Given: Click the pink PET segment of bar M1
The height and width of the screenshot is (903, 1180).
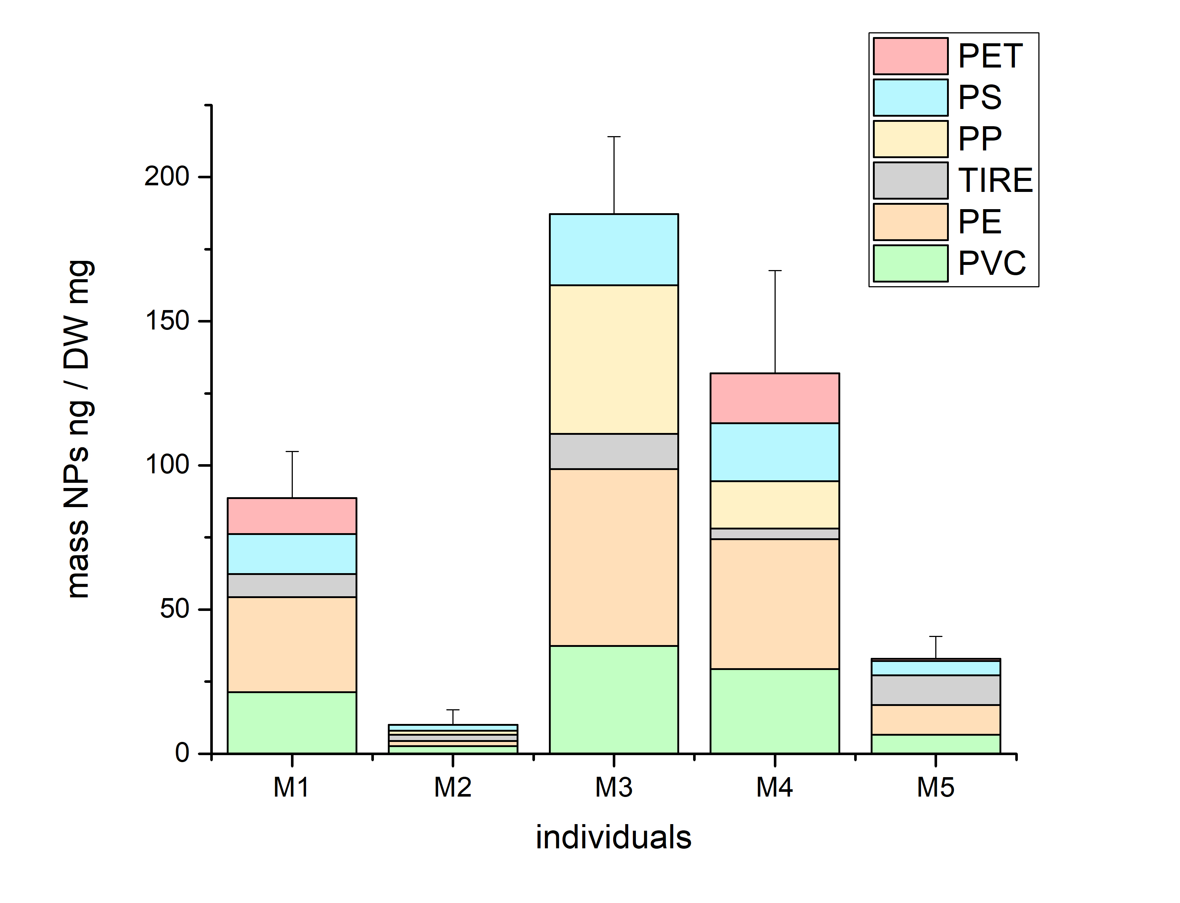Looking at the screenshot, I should click(x=292, y=516).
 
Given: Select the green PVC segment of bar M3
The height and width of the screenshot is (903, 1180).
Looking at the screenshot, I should click(x=613, y=699).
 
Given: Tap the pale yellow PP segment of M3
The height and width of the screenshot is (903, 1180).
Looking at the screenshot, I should click(x=613, y=359).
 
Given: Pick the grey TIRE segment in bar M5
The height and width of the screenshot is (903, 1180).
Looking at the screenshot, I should click(x=936, y=690).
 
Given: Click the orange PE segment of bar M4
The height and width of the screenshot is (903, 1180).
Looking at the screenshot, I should click(x=775, y=604).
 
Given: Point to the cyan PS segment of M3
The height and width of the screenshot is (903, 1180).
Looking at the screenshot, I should click(x=613, y=250).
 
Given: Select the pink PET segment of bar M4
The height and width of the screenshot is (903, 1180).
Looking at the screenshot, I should click(x=775, y=398).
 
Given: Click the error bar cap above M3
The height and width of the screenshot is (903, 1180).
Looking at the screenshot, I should click(x=613, y=137).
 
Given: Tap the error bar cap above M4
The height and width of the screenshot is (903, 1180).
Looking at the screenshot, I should click(x=775, y=271).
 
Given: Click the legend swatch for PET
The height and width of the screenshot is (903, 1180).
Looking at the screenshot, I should click(x=910, y=56).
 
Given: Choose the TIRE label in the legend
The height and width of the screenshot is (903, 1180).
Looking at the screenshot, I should click(x=995, y=180).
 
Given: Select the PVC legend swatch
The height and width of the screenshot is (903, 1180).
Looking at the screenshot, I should click(x=910, y=263).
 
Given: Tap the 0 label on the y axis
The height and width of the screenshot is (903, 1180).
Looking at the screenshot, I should click(x=182, y=753).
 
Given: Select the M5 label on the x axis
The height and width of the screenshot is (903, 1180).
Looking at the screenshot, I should click(x=936, y=787).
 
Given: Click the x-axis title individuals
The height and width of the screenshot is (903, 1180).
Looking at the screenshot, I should click(x=613, y=837).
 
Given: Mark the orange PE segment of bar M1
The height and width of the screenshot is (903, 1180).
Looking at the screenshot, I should click(x=292, y=644).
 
